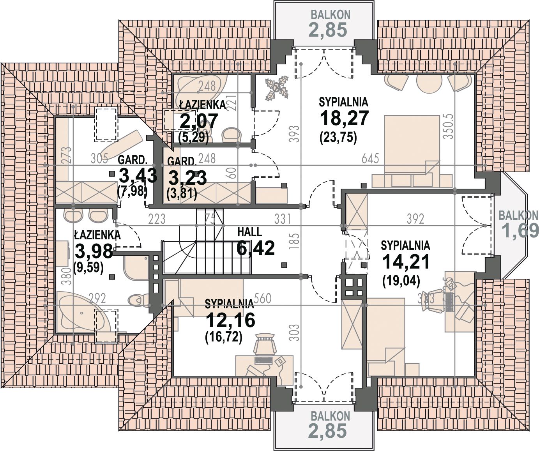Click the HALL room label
point(249,232)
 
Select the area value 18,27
point(344,118)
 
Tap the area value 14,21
point(406,262)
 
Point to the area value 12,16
point(230,320)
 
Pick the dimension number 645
point(370,158)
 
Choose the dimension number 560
point(263,299)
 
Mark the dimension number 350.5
point(449,126)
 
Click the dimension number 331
point(283,219)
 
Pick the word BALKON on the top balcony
point(330,15)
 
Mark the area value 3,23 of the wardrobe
point(188,178)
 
